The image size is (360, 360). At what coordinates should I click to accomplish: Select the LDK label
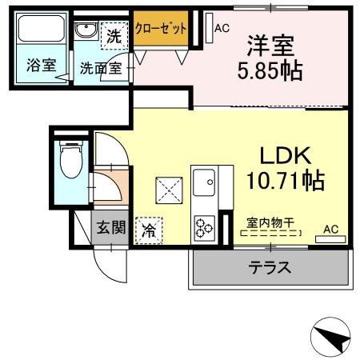[x=282, y=154]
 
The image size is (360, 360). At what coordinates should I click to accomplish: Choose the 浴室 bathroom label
[x=41, y=66]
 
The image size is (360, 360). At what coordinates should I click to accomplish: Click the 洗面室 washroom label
[x=100, y=68]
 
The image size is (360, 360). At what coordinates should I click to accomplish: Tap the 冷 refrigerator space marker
[x=149, y=230]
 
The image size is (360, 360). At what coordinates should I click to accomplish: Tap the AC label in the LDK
[x=330, y=230]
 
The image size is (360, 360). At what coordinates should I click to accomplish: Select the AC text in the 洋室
[x=222, y=28]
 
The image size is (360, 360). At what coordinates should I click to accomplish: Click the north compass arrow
[x=330, y=338]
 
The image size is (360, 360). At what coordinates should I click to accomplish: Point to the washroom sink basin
[x=86, y=32]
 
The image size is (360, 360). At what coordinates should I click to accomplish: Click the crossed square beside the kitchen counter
[x=168, y=190]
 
